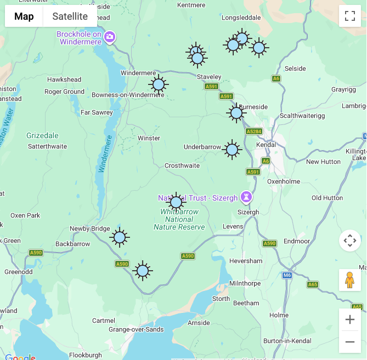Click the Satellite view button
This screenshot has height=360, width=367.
tap(70, 16)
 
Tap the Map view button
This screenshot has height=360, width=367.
tap(24, 16)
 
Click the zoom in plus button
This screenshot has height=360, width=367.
tap(349, 319)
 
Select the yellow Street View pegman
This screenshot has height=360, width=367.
tap(349, 279)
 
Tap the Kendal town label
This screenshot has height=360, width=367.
tap(266, 145)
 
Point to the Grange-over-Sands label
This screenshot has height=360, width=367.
tap(136, 329)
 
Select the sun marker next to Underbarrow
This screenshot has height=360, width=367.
tap(232, 149)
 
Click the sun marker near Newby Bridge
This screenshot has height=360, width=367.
tap(119, 237)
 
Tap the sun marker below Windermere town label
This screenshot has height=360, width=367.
tap(159, 84)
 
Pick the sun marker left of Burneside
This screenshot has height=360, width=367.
tap(236, 113)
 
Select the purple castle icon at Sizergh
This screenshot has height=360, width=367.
tap(247, 196)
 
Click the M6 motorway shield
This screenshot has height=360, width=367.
tap(287, 275)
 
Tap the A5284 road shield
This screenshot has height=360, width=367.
tap(254, 132)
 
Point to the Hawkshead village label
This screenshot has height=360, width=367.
tap(64, 79)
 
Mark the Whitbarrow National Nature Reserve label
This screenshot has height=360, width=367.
tap(179, 219)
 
